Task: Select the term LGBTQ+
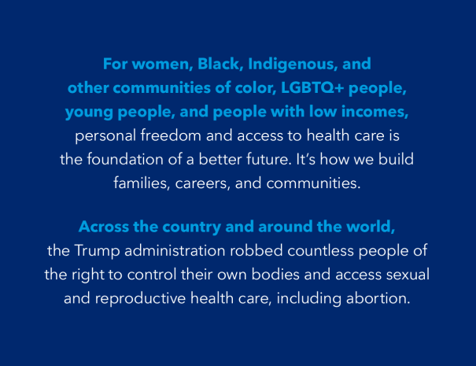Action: click(x=312, y=88)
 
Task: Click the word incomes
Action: click(x=375, y=111)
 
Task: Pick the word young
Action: click(x=89, y=113)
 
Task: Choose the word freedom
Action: click(x=171, y=135)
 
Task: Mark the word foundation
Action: click(x=125, y=159)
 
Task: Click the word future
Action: click(x=268, y=159)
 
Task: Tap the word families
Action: click(x=142, y=183)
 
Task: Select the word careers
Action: click(x=202, y=183)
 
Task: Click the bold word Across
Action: click(x=104, y=227)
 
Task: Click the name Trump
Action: click(x=97, y=251)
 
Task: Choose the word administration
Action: click(x=175, y=250)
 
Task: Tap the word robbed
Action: click(x=256, y=250)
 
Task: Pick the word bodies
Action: click(x=275, y=274)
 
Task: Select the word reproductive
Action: click(x=140, y=299)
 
